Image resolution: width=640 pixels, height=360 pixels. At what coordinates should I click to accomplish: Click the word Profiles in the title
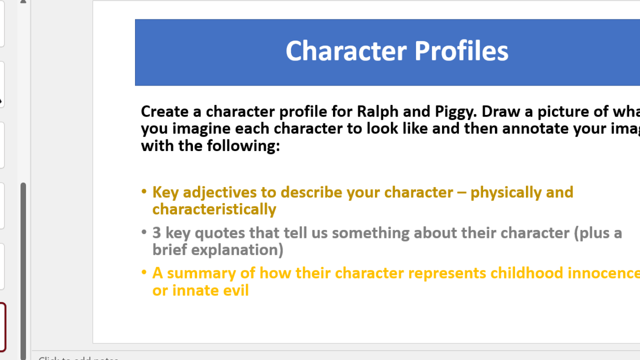tap(461, 51)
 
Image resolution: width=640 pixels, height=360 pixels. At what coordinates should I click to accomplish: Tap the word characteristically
tap(214, 209)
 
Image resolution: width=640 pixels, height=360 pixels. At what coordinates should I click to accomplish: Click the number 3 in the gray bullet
tap(156, 233)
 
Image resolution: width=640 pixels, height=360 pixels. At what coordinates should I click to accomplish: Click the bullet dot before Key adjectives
tap(144, 191)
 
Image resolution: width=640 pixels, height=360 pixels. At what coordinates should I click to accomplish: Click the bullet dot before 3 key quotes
tap(144, 232)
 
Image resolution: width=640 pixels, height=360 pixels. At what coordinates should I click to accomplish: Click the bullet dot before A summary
tap(144, 272)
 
